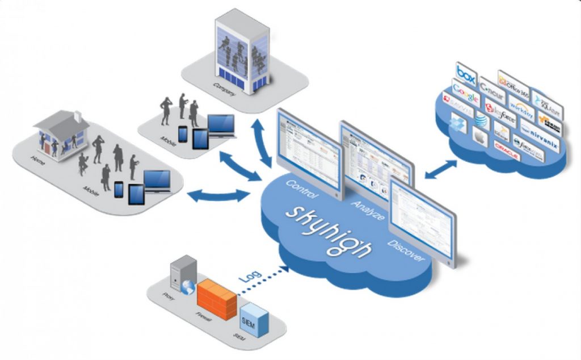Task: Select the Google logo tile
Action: tap(465, 93)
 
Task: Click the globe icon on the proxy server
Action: tap(188, 287)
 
